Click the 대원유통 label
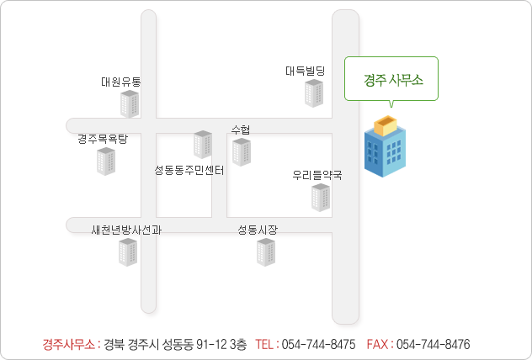[x=120, y=82]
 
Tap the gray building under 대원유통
[x=130, y=104]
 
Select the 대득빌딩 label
[x=305, y=71]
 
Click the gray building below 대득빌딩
[x=314, y=93]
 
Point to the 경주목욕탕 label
[x=103, y=139]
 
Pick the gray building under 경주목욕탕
[x=106, y=161]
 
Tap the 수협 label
[x=241, y=130]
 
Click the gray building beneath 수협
[x=242, y=152]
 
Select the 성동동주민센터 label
[x=189, y=170]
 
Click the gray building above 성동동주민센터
[x=203, y=145]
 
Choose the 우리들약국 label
[x=317, y=175]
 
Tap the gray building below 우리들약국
[x=321, y=198]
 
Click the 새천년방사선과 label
[x=126, y=230]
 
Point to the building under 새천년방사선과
[x=128, y=252]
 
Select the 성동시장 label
[x=258, y=230]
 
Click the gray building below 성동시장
[x=266, y=252]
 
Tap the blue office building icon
[x=385, y=146]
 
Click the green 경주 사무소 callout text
[x=393, y=81]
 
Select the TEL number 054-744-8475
[x=318, y=344]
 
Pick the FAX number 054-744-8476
[x=433, y=344]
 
